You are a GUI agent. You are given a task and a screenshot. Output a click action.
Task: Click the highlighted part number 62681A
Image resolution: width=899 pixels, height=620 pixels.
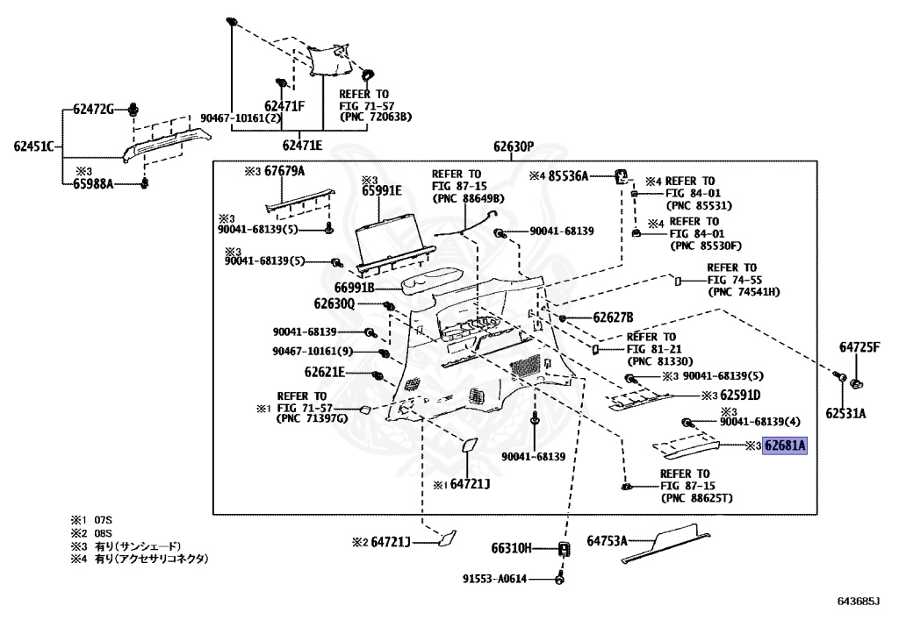[784, 445]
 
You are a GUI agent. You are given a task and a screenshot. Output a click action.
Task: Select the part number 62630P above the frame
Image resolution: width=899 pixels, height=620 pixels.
[514, 147]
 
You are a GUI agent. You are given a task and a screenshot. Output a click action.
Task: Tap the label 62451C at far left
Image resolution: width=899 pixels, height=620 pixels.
[34, 146]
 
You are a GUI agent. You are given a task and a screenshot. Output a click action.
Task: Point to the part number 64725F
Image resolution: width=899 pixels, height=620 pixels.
[859, 347]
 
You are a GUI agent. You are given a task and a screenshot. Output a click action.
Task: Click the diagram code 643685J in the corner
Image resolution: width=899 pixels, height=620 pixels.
[859, 601]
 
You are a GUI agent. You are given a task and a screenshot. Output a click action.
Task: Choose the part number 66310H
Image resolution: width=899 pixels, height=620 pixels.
[512, 548]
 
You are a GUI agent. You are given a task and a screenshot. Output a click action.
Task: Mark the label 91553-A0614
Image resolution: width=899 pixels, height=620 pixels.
[495, 579]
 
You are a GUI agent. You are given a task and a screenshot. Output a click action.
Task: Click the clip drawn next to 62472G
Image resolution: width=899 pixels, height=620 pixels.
[133, 109]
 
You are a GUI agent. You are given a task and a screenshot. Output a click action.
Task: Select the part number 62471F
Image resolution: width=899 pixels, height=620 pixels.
[284, 106]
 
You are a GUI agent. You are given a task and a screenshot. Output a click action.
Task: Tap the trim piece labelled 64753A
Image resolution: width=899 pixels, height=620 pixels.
[665, 543]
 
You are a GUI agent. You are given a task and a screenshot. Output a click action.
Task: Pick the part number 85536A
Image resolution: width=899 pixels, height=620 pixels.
[568, 176]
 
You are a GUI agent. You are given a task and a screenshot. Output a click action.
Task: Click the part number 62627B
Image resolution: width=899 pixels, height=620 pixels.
[613, 317]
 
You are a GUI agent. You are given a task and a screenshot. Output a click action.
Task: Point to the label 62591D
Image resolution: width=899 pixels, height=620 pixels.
[740, 395]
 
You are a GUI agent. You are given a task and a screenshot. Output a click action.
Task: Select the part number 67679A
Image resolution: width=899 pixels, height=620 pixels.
[284, 171]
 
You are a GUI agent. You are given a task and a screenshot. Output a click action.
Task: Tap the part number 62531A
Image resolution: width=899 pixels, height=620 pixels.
[845, 413]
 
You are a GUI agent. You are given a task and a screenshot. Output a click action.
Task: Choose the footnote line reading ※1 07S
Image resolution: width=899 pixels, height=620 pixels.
[91, 520]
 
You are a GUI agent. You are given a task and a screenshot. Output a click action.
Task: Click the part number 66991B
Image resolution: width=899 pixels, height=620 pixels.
[355, 288]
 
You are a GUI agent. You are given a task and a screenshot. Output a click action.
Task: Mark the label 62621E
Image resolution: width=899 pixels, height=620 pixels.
[325, 373]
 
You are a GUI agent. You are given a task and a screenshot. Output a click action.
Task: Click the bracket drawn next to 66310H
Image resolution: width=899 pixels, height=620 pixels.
[565, 549]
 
